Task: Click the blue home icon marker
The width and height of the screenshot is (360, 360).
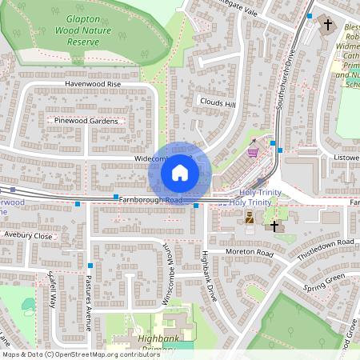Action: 180,173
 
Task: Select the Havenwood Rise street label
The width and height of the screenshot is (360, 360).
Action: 93,83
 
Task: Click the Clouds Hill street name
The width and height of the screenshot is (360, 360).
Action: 217,104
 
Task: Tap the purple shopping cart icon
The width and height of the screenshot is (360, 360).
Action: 253,150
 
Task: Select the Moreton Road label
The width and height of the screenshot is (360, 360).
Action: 250,254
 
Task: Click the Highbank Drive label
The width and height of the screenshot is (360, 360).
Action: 209,277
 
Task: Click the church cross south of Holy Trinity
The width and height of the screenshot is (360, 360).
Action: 274,226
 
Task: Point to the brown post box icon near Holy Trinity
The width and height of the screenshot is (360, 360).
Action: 250,217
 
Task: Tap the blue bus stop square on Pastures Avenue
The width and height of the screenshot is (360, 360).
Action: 90,265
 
